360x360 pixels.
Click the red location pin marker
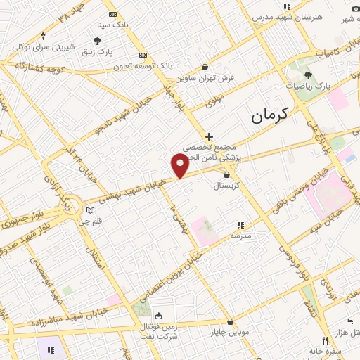click(180, 165)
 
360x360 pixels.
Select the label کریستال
click(227, 186)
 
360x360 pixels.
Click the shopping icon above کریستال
click(226, 174)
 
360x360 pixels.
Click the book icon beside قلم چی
click(90, 210)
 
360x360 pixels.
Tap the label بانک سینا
click(113, 25)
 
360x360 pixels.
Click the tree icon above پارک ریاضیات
click(308, 74)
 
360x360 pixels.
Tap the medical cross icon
click(209, 136)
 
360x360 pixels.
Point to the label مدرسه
click(240, 236)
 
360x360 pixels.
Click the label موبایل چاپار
click(229, 331)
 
